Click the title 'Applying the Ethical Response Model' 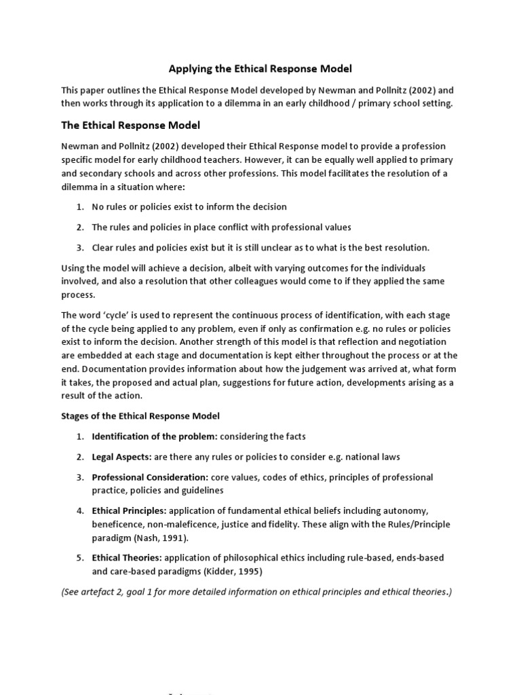pos(260,69)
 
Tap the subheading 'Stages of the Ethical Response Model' pos(140,415)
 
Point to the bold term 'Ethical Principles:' pos(129,510)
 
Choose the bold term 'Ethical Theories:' pos(127,558)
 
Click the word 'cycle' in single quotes pos(99,316)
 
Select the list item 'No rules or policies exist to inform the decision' pos(189,206)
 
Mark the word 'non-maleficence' pos(191,525)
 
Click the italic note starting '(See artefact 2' pos(256,592)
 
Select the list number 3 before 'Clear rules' pos(79,248)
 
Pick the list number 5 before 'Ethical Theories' pos(79,558)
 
